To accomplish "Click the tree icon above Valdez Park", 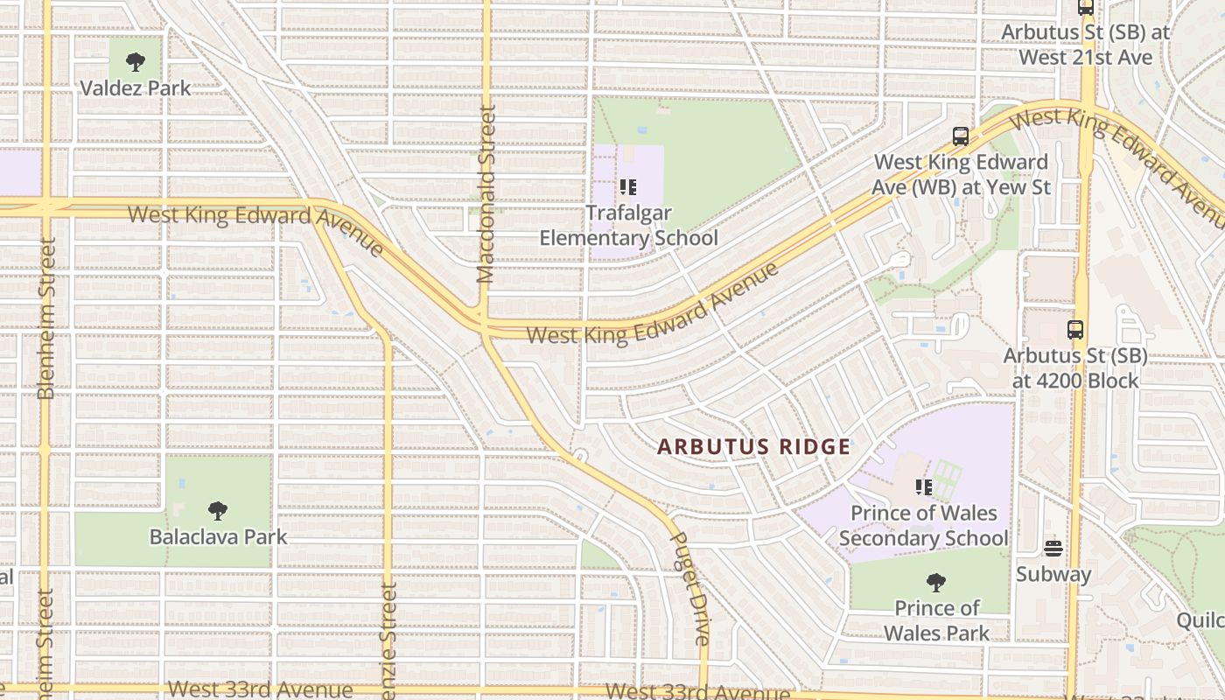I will [x=135, y=61].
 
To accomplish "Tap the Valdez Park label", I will [x=135, y=88].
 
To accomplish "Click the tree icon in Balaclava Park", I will [x=218, y=510].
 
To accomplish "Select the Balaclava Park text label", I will [x=218, y=536].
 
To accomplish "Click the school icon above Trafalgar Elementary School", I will [x=627, y=187].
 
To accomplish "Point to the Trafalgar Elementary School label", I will [x=627, y=225].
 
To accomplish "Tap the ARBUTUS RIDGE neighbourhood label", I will [x=753, y=446].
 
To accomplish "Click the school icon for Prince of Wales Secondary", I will [x=923, y=486].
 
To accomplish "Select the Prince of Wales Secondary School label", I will [x=923, y=525].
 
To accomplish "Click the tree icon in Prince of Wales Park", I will [x=935, y=582].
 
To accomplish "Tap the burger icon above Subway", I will [x=1053, y=549].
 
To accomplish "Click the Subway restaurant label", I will [x=1053, y=574].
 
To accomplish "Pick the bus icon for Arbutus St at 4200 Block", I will [x=1075, y=330].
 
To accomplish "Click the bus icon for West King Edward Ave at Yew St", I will [x=961, y=136].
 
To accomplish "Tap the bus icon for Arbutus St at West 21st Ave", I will [x=1086, y=7].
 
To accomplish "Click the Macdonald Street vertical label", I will [x=486, y=194].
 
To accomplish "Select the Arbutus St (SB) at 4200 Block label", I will [x=1075, y=368].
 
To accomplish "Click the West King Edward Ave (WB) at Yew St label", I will [x=961, y=174].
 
